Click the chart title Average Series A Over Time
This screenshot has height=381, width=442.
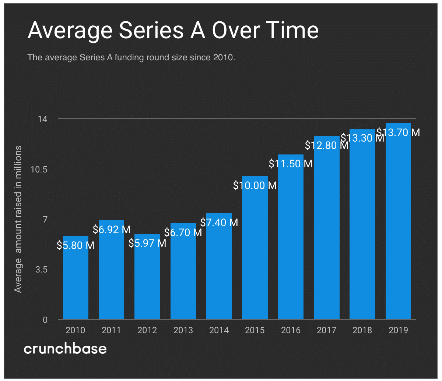click(173, 30)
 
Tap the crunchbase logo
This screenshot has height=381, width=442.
click(65, 349)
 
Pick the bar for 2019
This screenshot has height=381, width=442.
click(398, 228)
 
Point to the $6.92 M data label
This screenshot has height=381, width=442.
click(112, 230)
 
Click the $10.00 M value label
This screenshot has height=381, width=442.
click(255, 185)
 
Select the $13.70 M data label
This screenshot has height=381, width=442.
click(398, 132)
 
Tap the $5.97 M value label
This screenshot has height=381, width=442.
click(147, 243)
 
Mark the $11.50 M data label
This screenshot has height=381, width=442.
click(291, 164)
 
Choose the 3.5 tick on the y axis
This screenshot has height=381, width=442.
click(41, 269)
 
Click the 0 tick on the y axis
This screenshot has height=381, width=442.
click(45, 320)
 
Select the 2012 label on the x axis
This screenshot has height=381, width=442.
click(147, 330)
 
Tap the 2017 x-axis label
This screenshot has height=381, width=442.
click(326, 330)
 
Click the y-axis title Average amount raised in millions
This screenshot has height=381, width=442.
click(18, 219)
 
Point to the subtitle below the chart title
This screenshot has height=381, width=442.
click(131, 58)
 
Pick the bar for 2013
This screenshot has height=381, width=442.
click(183, 276)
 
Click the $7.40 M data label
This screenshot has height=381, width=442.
click(219, 222)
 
